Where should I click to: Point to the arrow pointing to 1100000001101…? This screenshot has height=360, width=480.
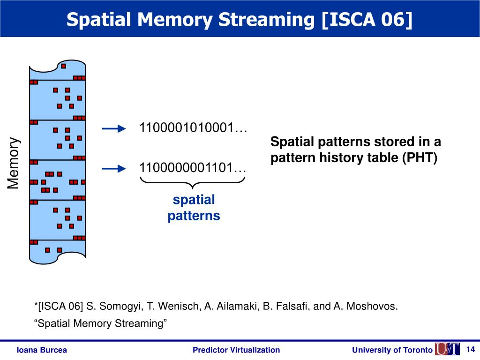(x=114, y=168)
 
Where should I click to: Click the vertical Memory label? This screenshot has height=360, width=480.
(x=14, y=164)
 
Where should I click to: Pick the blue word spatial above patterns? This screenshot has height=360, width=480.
(x=194, y=200)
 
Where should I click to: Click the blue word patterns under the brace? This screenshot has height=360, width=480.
(x=194, y=216)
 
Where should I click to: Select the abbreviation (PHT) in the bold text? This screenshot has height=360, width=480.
(x=419, y=158)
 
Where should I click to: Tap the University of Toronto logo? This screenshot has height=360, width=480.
(x=446, y=349)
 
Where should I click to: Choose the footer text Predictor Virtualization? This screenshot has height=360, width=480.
(x=236, y=350)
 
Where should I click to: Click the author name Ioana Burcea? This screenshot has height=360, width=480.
(x=42, y=350)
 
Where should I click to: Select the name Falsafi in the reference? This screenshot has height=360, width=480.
(x=291, y=307)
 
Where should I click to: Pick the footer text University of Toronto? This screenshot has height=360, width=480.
(x=392, y=350)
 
